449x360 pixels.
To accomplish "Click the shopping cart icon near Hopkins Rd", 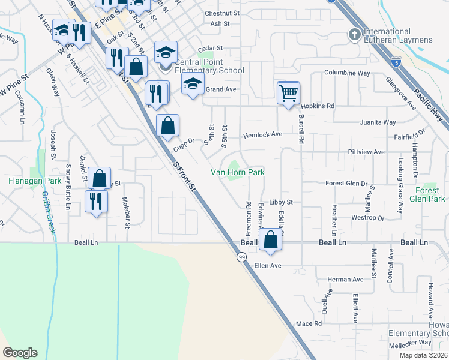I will point(289,93).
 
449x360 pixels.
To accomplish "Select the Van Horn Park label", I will point(237,173).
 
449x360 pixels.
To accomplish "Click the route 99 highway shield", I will point(241,257).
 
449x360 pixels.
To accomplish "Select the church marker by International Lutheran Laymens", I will point(355,35).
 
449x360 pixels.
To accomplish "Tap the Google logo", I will point(20,353).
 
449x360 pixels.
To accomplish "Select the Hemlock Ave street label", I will point(262,135).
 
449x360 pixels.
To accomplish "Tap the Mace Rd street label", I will point(309,323).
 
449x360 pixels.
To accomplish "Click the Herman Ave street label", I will point(346,280).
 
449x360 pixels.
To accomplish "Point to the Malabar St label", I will point(126,213).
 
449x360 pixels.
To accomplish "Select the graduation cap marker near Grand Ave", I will point(193,83).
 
